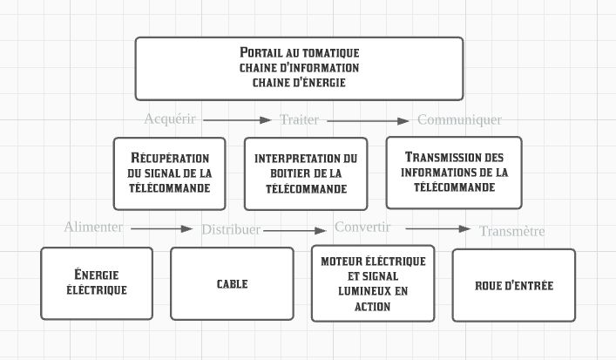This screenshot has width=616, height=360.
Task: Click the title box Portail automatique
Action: (x=299, y=69)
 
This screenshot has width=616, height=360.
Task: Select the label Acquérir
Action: (x=170, y=119)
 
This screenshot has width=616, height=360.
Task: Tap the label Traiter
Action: (x=299, y=119)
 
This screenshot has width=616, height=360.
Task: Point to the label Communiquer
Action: (x=459, y=119)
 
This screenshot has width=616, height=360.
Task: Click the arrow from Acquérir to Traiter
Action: (x=237, y=120)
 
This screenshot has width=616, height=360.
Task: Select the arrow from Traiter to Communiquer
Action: (x=368, y=121)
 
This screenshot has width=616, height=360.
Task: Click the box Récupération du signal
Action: (x=169, y=173)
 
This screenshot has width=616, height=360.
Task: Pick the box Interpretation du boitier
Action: (x=306, y=173)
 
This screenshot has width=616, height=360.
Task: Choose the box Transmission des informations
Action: (x=454, y=173)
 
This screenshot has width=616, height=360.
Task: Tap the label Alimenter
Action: (x=93, y=227)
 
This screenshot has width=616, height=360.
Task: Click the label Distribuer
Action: (x=231, y=229)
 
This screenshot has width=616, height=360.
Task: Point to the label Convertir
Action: (x=362, y=227)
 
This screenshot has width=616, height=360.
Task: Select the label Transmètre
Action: (x=512, y=231)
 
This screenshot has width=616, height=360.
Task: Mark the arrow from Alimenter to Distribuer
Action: (x=162, y=228)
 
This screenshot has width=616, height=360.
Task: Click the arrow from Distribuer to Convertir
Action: (x=294, y=231)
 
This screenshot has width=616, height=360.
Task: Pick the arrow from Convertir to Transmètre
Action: (x=438, y=228)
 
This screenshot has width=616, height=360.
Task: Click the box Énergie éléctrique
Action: (x=97, y=283)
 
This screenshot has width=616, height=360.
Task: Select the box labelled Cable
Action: (x=232, y=283)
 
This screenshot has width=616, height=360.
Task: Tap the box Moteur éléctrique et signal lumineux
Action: (x=373, y=283)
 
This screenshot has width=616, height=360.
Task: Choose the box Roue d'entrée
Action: (x=514, y=285)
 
